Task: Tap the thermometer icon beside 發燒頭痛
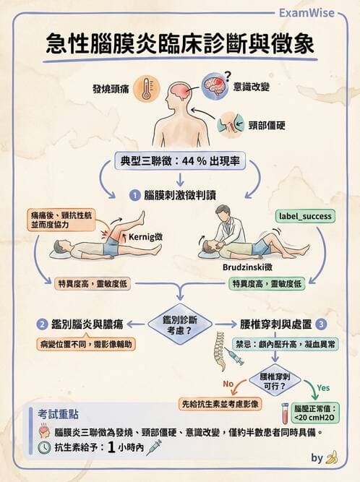tap(148, 88)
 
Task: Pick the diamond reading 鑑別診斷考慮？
tap(179, 324)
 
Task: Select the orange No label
tap(229, 383)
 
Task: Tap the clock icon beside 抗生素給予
tap(44, 447)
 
